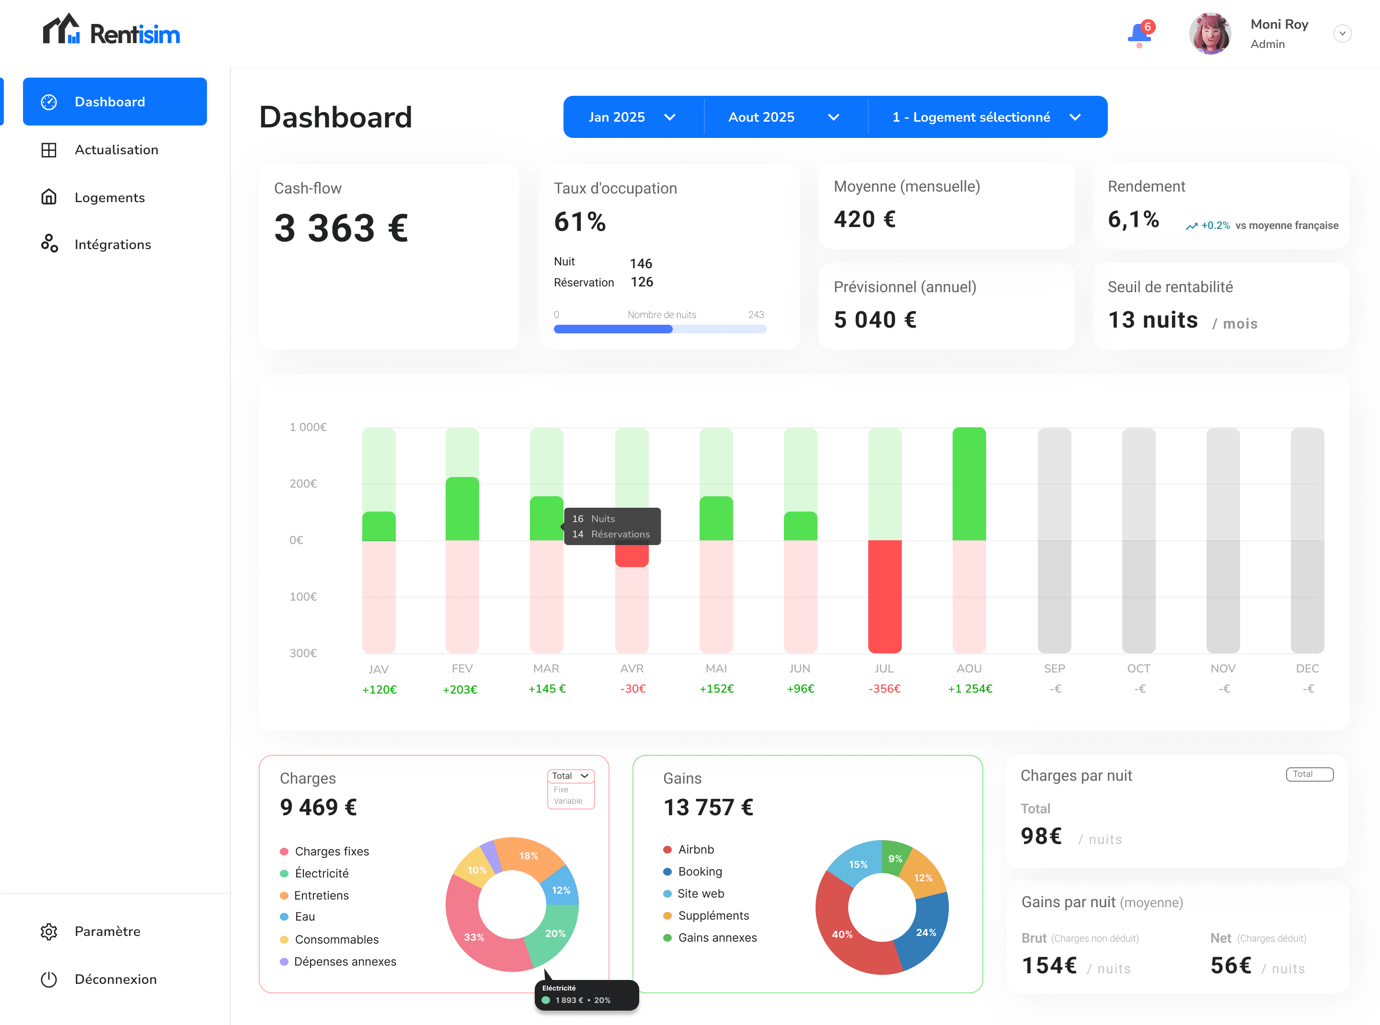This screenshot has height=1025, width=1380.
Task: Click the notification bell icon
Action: [x=1138, y=34]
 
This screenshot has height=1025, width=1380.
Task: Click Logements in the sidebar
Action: [x=109, y=197]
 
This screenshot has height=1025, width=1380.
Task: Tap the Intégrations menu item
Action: [x=112, y=244]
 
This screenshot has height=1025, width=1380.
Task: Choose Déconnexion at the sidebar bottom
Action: [x=115, y=979]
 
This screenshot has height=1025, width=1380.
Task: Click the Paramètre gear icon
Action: [x=49, y=931]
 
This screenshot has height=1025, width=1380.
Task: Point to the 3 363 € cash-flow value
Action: [x=341, y=228]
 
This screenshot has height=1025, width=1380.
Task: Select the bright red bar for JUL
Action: [x=884, y=596]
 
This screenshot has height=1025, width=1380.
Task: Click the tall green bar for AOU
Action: [x=968, y=484]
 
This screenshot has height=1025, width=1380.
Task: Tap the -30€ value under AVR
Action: [x=632, y=689]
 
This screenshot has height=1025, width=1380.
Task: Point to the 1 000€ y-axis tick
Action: [x=308, y=427]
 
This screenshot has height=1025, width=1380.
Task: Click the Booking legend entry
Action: [x=699, y=871]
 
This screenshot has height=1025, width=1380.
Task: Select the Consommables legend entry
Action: [x=336, y=939]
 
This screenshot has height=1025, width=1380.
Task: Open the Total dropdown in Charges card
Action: [x=570, y=775]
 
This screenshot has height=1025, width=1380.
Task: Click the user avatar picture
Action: [x=1209, y=34]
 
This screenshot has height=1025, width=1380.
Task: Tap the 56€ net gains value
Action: [x=1230, y=966]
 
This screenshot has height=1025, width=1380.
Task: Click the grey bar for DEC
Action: [x=1307, y=540]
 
